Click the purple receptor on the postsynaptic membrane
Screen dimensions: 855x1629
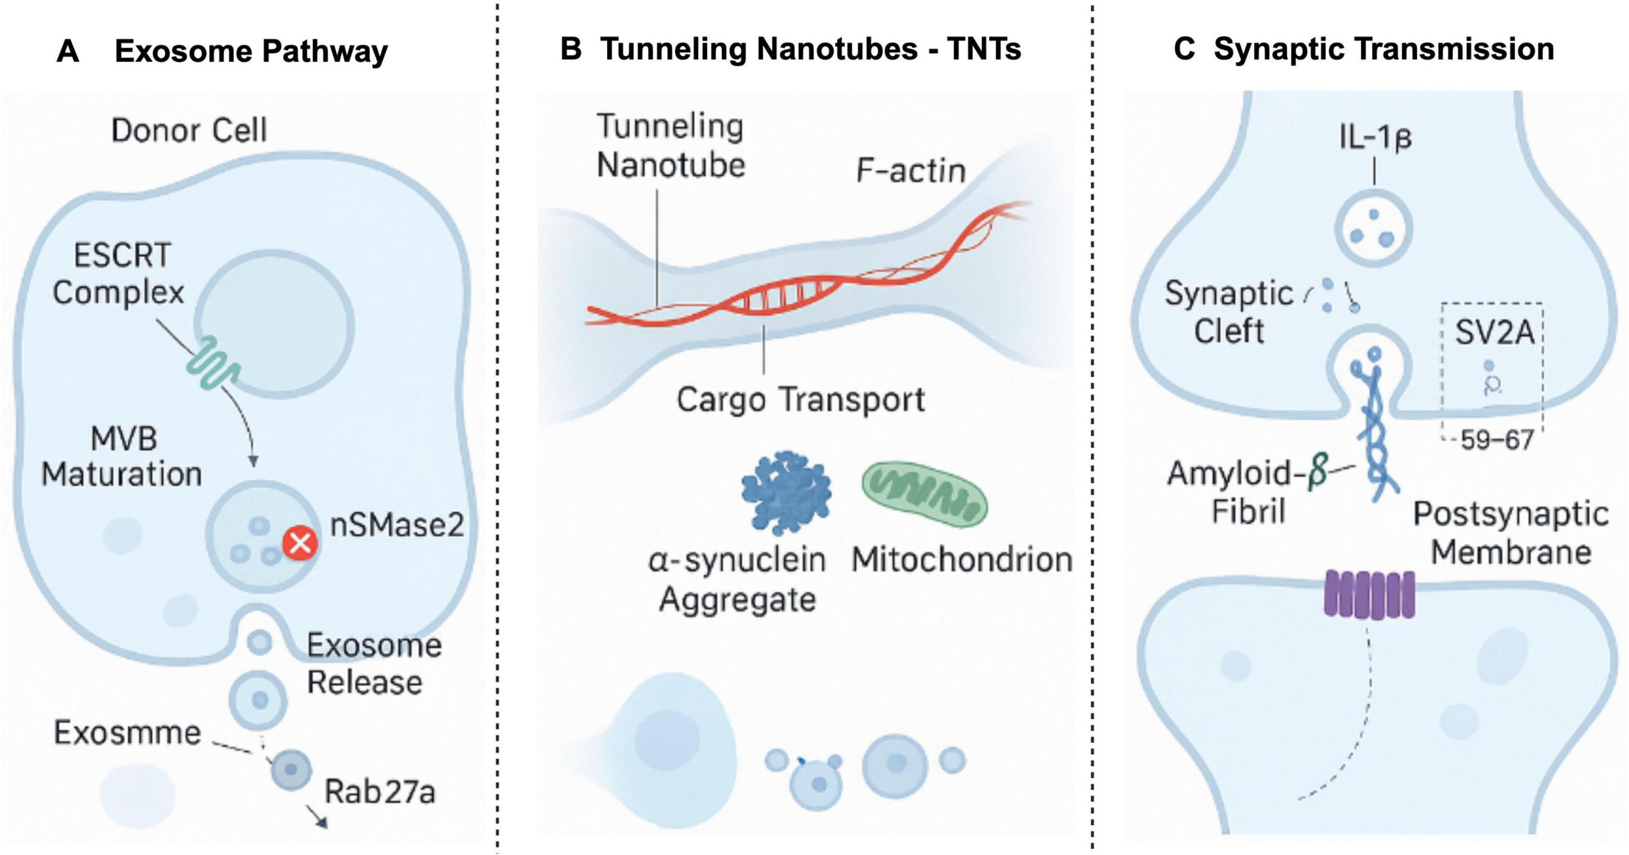point(1369,595)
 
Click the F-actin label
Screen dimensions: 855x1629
point(911,171)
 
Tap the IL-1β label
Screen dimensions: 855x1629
point(1375,137)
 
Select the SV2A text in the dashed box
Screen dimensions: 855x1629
point(1494,333)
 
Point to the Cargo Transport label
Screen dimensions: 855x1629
point(801,400)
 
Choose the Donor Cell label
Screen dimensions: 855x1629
point(189,130)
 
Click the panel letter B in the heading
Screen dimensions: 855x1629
point(571,49)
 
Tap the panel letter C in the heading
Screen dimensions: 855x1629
point(1184,49)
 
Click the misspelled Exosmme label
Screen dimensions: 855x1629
point(127,733)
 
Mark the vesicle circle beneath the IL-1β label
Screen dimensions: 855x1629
point(1373,227)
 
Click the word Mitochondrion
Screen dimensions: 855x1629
point(961,560)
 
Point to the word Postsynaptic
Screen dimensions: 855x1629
point(1511,514)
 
